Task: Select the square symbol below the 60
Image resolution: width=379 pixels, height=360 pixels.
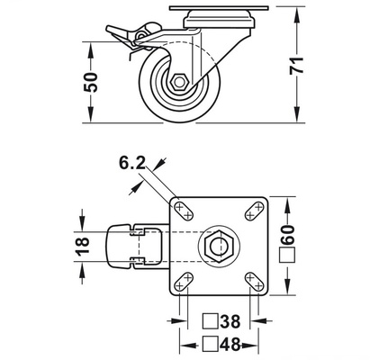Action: tap(290, 256)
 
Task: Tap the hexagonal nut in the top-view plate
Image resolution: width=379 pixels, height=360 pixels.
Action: tap(220, 244)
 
